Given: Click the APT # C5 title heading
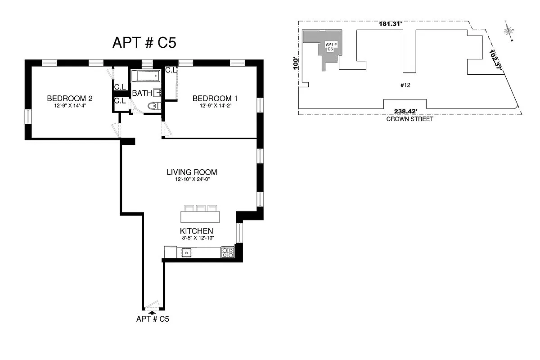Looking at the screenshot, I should coord(144,43).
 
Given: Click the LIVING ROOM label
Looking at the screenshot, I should coord(192,172).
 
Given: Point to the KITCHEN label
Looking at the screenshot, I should coord(196,231).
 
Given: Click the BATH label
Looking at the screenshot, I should coord(141,94).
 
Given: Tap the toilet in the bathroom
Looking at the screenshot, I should coord(153,106).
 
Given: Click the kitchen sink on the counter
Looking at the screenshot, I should coord(186,253).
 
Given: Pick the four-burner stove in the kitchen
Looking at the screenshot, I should coord(227,253).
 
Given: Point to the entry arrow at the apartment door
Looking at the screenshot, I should coord(152,311).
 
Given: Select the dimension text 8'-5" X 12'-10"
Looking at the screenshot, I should coord(196,238).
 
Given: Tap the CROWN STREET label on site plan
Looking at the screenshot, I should coord(409,119).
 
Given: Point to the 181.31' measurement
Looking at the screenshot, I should coord(390,24).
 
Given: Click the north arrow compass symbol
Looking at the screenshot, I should coord(509,31).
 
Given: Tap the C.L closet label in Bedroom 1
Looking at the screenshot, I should coord(171,70).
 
